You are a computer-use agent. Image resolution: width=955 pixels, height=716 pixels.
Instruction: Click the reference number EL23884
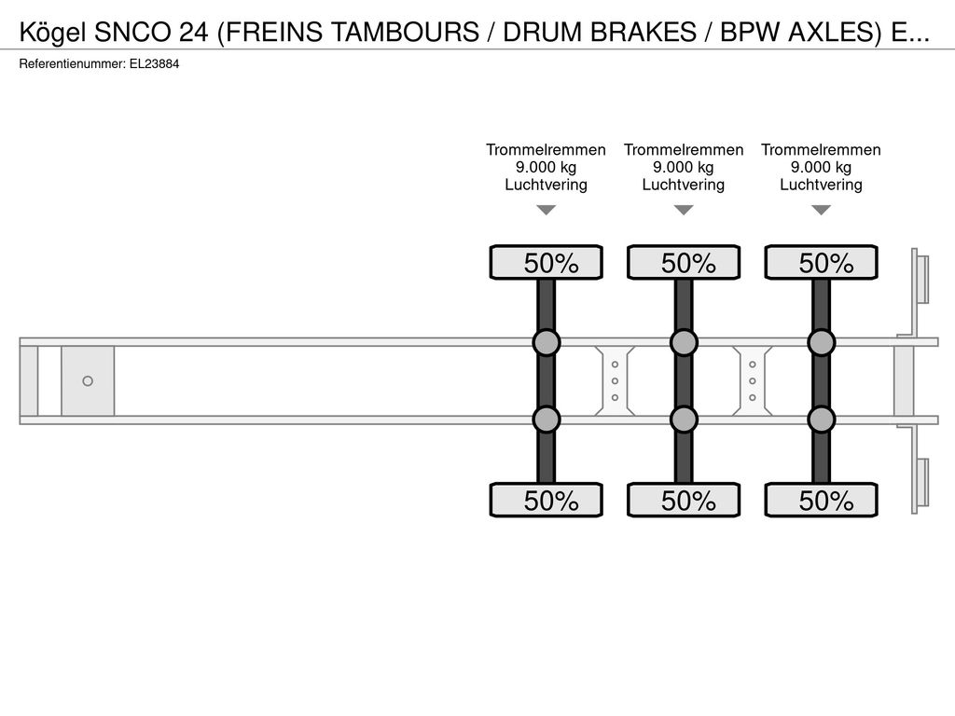click(154, 64)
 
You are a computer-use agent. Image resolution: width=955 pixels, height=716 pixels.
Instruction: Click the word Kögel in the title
click(53, 33)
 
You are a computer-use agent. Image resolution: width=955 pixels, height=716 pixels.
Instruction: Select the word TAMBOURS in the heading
click(405, 32)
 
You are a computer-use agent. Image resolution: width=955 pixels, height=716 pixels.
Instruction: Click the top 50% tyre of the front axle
click(547, 262)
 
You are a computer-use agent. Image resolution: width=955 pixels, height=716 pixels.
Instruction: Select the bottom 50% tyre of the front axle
click(547, 500)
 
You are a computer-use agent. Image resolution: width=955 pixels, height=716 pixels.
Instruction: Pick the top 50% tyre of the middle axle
click(684, 262)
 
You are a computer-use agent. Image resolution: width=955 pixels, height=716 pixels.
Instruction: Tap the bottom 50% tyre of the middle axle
click(684, 500)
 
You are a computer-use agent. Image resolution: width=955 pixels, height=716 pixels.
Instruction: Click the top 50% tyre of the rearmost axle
click(822, 262)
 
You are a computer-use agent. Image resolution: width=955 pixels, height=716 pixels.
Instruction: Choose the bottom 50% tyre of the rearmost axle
click(822, 500)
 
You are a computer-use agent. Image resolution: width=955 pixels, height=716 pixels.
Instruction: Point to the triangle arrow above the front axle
click(547, 210)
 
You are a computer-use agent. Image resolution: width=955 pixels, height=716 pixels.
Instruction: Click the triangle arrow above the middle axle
click(684, 210)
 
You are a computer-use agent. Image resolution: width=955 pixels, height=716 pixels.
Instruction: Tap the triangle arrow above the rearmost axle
click(822, 210)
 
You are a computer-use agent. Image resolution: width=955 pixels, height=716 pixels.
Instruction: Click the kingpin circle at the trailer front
click(88, 381)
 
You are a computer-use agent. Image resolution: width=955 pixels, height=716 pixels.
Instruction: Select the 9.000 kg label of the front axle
click(546, 168)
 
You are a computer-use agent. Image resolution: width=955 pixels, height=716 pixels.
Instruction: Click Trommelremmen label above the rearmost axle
click(821, 150)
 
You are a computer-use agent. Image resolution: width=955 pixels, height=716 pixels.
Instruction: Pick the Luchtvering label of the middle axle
click(684, 185)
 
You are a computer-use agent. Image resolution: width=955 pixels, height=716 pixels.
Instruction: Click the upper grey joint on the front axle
click(547, 343)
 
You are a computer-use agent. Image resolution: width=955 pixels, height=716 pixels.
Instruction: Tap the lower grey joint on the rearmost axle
click(822, 420)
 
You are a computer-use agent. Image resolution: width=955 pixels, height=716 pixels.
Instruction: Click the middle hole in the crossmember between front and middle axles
click(616, 381)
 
